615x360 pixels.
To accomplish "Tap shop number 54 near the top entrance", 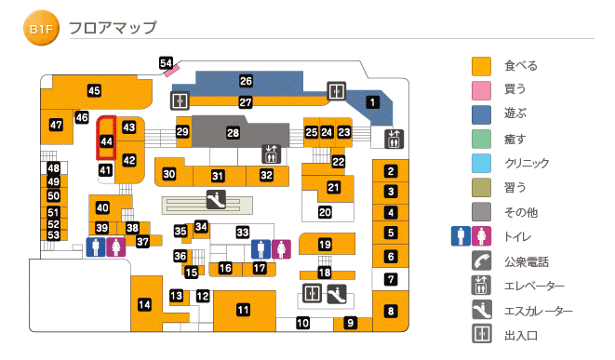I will (x=167, y=64).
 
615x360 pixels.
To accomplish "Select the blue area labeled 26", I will (x=246, y=81).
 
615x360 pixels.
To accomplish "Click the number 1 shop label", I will (x=373, y=102).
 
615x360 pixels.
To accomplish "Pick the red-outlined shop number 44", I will (x=107, y=141).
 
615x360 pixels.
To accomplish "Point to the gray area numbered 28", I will (x=233, y=133).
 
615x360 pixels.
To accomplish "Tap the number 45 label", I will (x=94, y=90).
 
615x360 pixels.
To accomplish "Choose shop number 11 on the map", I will (x=243, y=310).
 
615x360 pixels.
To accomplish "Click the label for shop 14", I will (x=144, y=304).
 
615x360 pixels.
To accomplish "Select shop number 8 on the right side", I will (x=391, y=312).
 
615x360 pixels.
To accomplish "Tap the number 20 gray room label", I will (x=325, y=212).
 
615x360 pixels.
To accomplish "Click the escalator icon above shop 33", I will (x=216, y=198).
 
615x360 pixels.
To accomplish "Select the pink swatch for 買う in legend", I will (x=481, y=90).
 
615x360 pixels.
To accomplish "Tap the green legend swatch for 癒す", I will (x=481, y=140).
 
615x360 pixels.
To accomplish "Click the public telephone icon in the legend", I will (x=481, y=261).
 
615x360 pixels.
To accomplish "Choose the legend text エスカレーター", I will (x=538, y=311).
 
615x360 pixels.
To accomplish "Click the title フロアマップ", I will (x=113, y=29).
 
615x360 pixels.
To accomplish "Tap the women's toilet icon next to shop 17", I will (x=282, y=248).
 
